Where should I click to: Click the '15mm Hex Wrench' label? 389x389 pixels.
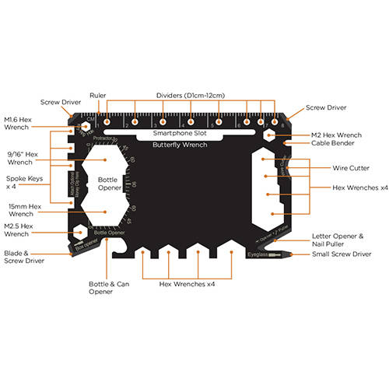point(24,210)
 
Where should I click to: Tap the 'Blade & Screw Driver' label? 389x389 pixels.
point(23,256)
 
